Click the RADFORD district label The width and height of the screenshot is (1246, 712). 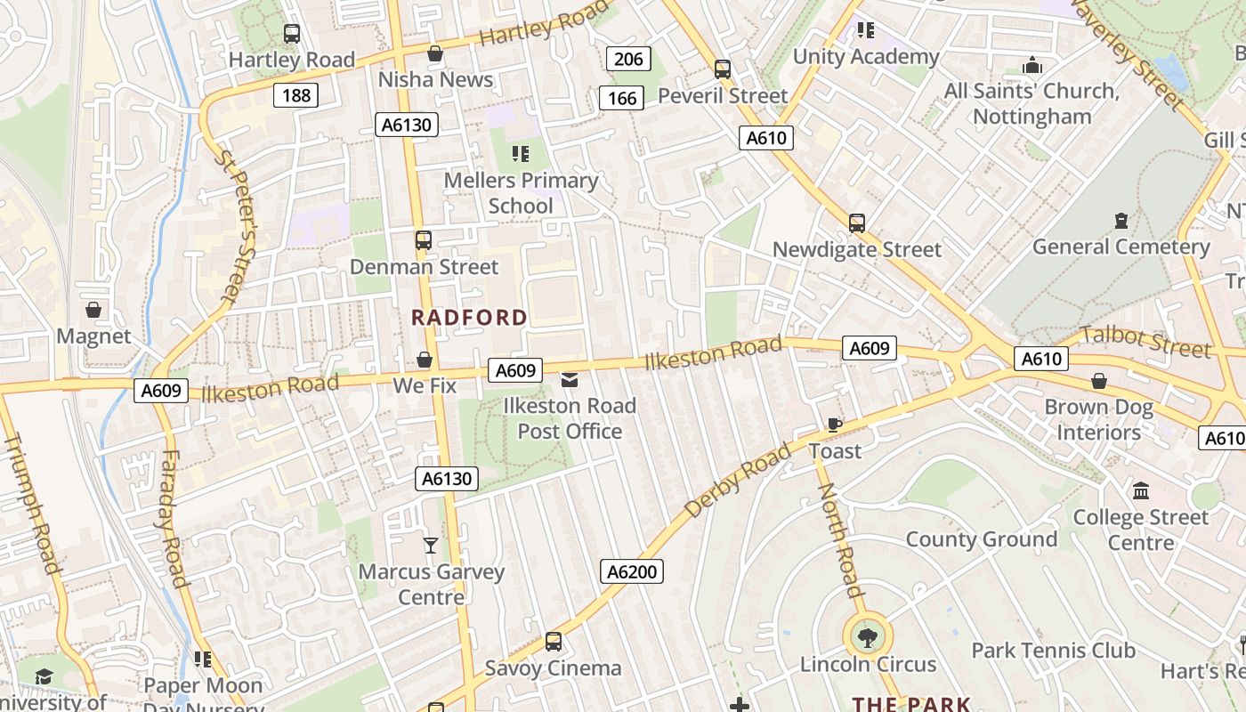tap(470, 318)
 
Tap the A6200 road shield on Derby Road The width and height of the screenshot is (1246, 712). tap(632, 571)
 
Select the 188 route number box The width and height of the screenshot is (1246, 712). tap(295, 94)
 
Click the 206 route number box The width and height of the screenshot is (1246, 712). tap(628, 60)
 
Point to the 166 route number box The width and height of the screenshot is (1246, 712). tap(621, 97)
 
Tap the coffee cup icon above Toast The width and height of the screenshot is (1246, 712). tap(834, 425)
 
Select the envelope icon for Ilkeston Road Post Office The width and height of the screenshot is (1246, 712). tap(569, 381)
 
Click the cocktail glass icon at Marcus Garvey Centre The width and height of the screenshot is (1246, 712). tap(431, 545)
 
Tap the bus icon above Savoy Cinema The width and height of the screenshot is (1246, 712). tap(553, 642)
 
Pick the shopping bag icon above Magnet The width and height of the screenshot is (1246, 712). tap(93, 310)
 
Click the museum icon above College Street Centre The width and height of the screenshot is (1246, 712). tap(1140, 490)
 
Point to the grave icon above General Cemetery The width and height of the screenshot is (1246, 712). tap(1121, 220)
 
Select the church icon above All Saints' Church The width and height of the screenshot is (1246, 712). tap(1032, 65)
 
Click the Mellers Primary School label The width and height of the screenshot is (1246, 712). tap(521, 193)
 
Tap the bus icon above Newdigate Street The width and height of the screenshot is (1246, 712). tap(856, 222)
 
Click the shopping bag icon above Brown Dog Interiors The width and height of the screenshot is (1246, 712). tap(1098, 381)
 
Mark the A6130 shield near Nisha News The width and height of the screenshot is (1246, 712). tap(407, 125)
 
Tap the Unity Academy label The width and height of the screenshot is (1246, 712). tap(865, 57)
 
